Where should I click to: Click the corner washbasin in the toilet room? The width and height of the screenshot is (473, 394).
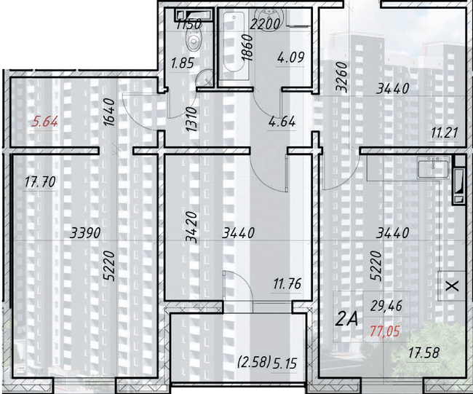[206, 75]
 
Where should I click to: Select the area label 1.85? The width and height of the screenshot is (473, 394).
[181, 63]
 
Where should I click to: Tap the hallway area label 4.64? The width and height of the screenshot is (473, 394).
[282, 122]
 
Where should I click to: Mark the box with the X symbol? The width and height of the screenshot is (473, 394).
[452, 286]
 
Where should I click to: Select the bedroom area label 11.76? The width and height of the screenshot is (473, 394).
[287, 284]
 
